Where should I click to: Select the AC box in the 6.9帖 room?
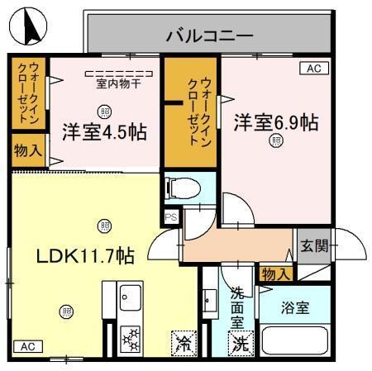coord(313,69)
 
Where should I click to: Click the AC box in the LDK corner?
coord(26,345)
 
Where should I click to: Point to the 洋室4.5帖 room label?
coord(104,131)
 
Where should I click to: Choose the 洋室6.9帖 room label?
coord(274,121)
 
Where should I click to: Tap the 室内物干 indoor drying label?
coord(119,83)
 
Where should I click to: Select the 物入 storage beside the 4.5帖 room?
coord(26,153)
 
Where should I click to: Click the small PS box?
coord(171,216)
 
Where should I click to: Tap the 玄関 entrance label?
coord(313,245)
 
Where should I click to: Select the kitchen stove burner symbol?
coord(131,339)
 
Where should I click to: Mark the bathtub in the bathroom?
coord(296,340)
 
